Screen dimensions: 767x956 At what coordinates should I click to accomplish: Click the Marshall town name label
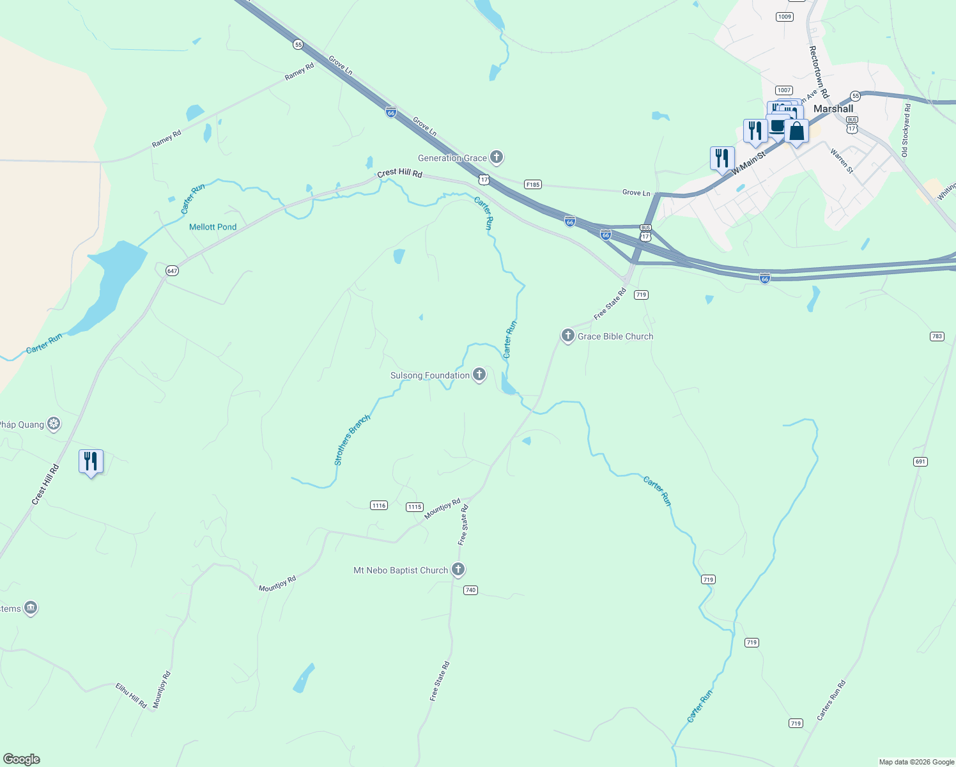pyautogui.click(x=833, y=109)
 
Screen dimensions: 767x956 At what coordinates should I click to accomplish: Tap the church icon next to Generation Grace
pyautogui.click(x=497, y=157)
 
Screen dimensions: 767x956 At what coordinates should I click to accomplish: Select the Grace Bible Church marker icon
pyautogui.click(x=567, y=336)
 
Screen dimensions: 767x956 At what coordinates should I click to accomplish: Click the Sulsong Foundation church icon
pyautogui.click(x=479, y=375)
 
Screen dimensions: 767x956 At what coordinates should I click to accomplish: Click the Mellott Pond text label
pyautogui.click(x=213, y=227)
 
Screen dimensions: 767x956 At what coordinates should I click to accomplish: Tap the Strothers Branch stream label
pyautogui.click(x=352, y=440)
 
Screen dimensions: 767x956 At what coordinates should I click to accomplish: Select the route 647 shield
pyautogui.click(x=172, y=271)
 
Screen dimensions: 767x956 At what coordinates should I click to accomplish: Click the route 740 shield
pyautogui.click(x=470, y=590)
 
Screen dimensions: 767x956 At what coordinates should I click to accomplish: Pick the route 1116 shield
pyautogui.click(x=379, y=506)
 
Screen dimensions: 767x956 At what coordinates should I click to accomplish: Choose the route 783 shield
pyautogui.click(x=937, y=336)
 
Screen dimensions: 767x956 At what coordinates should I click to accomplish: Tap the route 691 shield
pyautogui.click(x=920, y=461)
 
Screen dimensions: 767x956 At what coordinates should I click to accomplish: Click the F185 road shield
pyautogui.click(x=532, y=185)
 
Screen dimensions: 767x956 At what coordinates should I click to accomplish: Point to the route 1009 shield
pyautogui.click(x=785, y=17)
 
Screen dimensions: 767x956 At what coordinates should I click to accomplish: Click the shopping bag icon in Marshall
pyautogui.click(x=796, y=132)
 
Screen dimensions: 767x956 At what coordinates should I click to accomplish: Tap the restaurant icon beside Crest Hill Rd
pyautogui.click(x=91, y=461)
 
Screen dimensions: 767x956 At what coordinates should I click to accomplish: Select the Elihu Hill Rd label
pyautogui.click(x=131, y=695)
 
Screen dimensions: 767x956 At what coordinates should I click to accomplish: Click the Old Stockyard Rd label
pyautogui.click(x=906, y=130)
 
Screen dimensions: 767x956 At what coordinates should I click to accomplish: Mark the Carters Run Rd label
pyautogui.click(x=831, y=701)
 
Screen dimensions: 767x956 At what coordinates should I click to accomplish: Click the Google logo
pyautogui.click(x=22, y=759)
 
